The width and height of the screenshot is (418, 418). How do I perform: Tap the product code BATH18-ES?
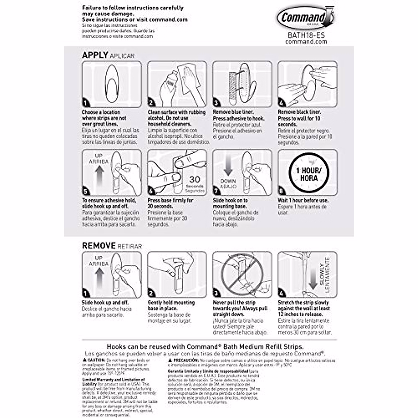click(x=306, y=35)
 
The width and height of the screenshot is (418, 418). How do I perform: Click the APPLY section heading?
click(x=95, y=55)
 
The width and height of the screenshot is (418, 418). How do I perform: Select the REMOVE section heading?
click(x=99, y=246)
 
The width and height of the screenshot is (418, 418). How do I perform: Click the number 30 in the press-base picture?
click(x=194, y=180)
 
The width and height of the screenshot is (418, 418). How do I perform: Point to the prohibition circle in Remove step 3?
click(x=242, y=275)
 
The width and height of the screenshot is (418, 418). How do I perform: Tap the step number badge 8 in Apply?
click(x=281, y=191)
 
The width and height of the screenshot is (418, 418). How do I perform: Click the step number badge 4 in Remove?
click(x=281, y=293)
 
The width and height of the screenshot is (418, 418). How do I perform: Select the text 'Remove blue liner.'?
click(x=233, y=112)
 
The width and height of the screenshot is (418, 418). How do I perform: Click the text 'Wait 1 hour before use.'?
click(x=303, y=200)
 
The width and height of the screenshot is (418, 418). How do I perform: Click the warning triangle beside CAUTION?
click(x=84, y=359)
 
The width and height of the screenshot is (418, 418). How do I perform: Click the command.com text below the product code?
click(x=306, y=41)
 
